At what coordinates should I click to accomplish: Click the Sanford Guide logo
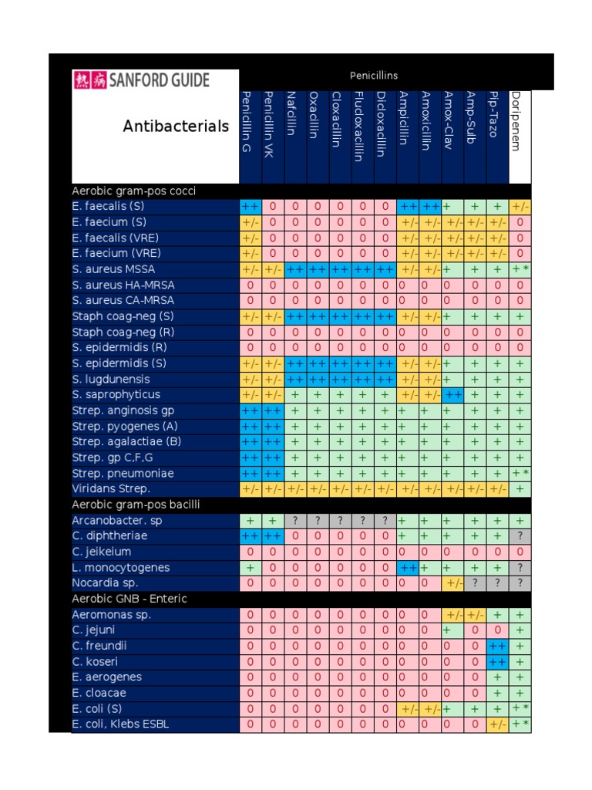point(140,80)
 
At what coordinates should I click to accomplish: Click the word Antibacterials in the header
point(176,126)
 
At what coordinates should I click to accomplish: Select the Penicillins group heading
point(373,76)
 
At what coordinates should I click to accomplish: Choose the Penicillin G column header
point(248,121)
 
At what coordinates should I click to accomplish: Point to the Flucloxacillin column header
point(360,126)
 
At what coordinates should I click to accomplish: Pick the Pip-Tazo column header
point(496,116)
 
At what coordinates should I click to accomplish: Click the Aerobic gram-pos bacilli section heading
point(136,505)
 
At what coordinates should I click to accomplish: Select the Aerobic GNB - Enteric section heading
point(129,599)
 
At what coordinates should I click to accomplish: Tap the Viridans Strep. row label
point(111,488)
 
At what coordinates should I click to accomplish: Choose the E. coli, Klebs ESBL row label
point(120,724)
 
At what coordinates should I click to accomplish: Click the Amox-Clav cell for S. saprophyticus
point(452,395)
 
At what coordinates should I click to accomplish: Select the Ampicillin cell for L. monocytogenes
point(408,568)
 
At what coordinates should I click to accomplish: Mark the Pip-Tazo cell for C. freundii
point(497,646)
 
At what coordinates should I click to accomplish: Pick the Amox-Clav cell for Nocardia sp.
point(452,583)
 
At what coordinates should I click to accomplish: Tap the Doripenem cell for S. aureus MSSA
point(520,269)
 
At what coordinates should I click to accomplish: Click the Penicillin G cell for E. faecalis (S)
point(250,207)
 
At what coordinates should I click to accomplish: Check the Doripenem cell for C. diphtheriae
point(520,536)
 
